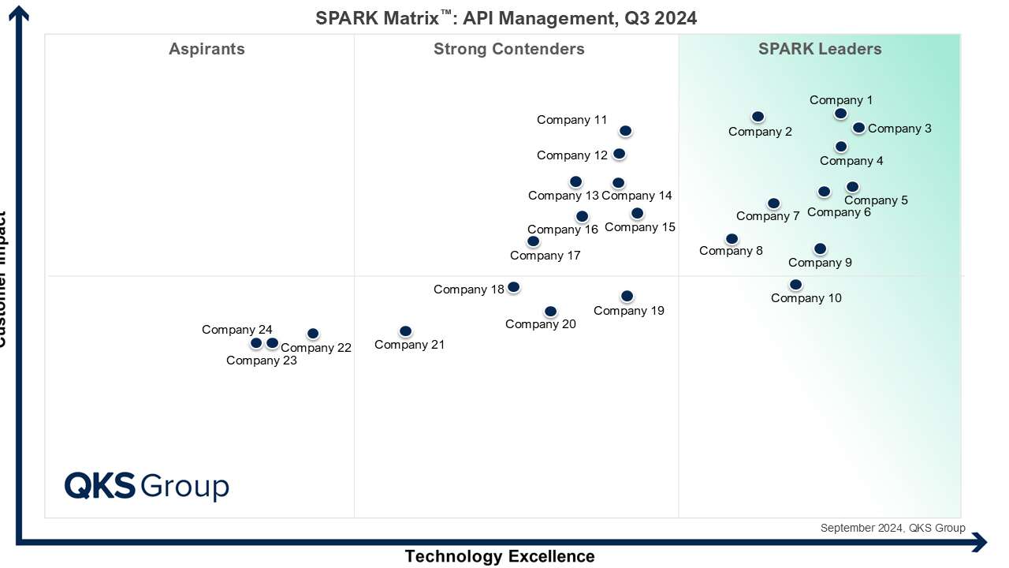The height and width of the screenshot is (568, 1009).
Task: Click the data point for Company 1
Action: (x=841, y=114)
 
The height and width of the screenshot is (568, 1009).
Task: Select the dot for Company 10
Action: (x=795, y=285)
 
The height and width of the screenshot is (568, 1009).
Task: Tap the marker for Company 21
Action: (x=405, y=331)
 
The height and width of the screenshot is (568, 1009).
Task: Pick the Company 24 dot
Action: (x=256, y=343)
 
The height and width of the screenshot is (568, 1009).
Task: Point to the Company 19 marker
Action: (x=627, y=297)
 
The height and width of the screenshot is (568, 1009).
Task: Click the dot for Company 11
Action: (x=625, y=131)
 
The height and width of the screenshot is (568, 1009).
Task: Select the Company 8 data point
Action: (x=732, y=239)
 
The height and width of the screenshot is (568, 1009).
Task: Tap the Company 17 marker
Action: (x=534, y=241)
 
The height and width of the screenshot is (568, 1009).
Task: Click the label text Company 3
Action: (x=899, y=129)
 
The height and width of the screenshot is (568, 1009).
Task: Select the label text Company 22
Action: (x=316, y=348)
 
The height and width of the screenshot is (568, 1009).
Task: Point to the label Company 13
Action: (x=564, y=196)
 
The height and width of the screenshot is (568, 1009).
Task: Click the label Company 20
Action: (x=541, y=324)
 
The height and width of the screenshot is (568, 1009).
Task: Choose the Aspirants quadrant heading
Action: (x=207, y=50)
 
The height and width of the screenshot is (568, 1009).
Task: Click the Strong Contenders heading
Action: (x=509, y=50)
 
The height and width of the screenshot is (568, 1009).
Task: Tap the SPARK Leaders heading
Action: (x=820, y=50)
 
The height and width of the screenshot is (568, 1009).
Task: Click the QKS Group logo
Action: (x=147, y=486)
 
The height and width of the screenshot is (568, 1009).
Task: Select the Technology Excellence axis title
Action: (x=500, y=556)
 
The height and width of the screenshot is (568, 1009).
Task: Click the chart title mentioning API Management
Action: (x=506, y=17)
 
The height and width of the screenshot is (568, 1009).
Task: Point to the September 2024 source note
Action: (x=892, y=529)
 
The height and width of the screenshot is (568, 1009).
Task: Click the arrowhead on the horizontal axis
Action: (x=980, y=542)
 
